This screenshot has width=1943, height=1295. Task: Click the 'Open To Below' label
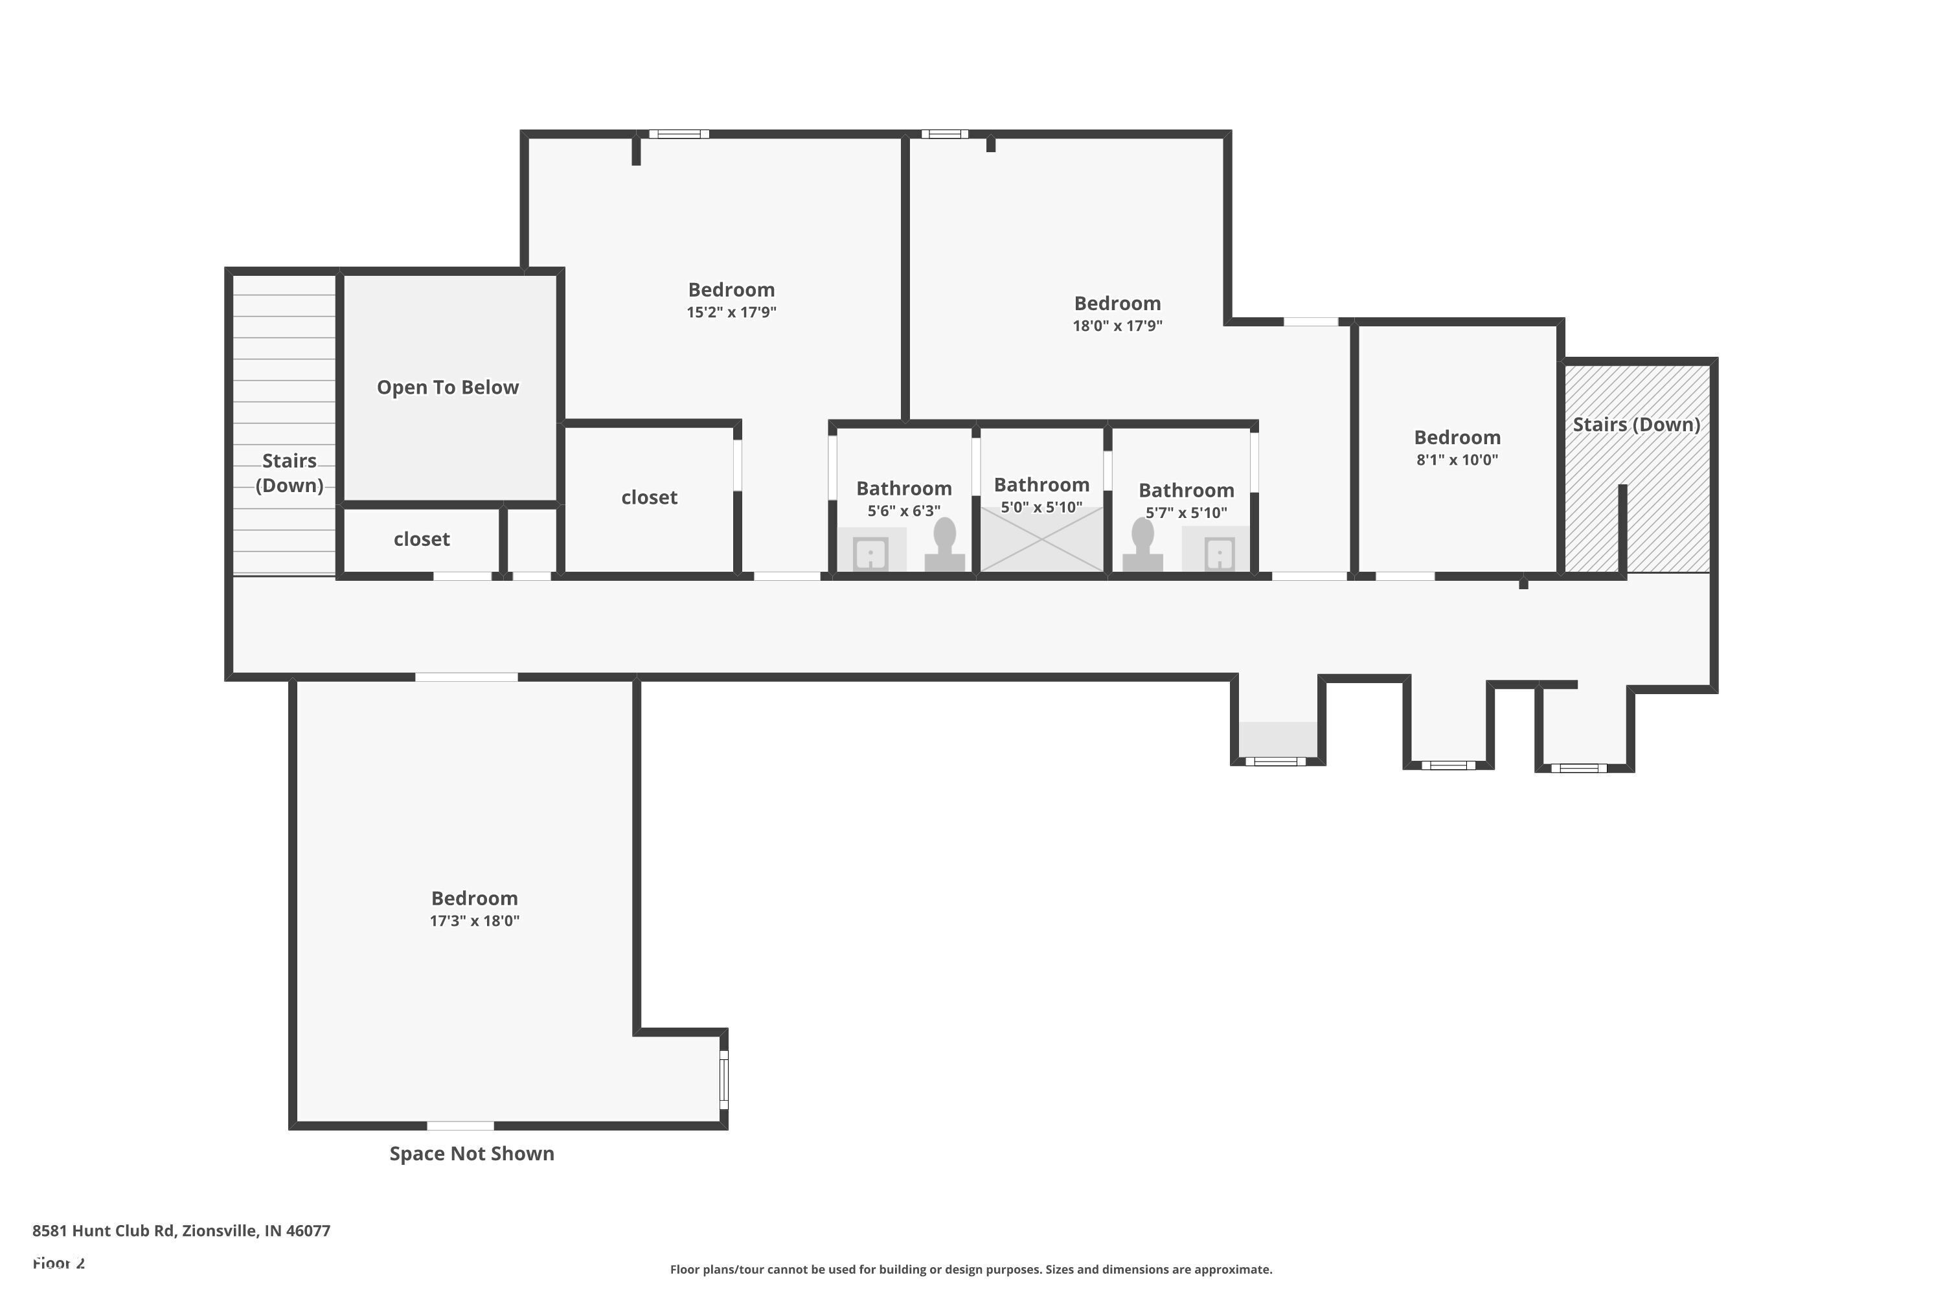point(448,387)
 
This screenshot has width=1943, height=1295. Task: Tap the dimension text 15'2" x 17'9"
point(731,312)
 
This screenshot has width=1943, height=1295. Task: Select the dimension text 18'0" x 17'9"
point(1117,326)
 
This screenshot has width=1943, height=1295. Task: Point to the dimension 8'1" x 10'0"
point(1457,460)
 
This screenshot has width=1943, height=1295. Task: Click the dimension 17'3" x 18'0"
point(474,921)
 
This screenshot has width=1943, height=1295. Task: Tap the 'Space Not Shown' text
point(472,1154)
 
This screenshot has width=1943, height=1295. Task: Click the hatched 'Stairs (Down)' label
point(1636,425)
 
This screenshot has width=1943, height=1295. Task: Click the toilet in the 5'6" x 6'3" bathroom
point(944,546)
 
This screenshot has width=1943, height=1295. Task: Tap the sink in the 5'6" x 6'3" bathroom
point(870,552)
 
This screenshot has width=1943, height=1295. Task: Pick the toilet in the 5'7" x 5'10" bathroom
point(1142,546)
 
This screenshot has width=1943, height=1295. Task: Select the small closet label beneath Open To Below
point(422,539)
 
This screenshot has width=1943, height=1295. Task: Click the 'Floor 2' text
point(59,1263)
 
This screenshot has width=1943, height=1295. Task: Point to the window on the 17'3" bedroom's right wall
point(723,1079)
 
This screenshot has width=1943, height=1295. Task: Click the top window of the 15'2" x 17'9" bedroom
point(678,134)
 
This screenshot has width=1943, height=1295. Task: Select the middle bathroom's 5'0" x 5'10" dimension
point(1041,507)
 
